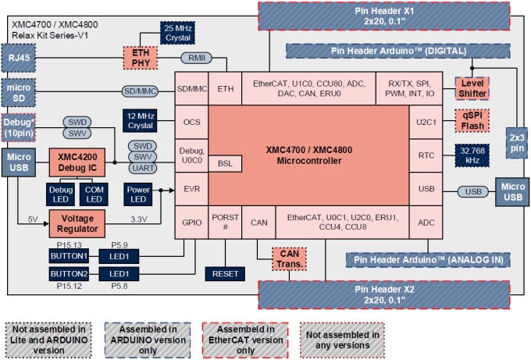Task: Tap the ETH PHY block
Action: (140, 58)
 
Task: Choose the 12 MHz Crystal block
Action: (143, 120)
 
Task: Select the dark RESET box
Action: (226, 273)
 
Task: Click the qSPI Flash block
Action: (472, 122)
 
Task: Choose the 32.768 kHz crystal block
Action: (472, 155)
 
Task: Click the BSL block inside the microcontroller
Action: (225, 163)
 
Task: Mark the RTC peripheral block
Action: (426, 155)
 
